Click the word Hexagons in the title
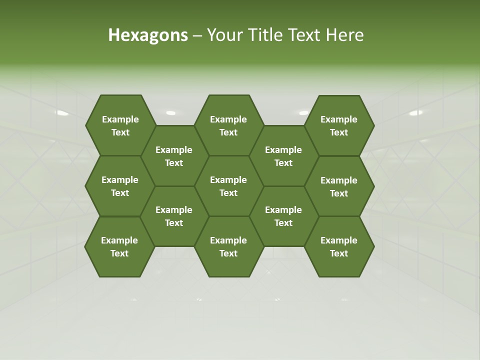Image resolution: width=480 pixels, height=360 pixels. tap(148, 35)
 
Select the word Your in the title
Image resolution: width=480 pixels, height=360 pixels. tap(224, 35)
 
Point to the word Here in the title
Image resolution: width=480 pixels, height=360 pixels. tap(345, 35)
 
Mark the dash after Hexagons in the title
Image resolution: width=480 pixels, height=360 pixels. tap(197, 35)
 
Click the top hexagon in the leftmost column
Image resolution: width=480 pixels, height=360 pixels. tap(120, 125)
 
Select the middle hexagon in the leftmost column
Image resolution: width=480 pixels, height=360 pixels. tap(120, 186)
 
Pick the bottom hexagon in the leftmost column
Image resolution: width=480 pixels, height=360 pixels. tap(119, 246)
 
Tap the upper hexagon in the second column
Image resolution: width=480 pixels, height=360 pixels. tap(174, 156)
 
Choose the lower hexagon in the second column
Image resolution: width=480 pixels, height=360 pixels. tap(174, 216)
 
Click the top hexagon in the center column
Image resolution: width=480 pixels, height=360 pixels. tap(228, 125)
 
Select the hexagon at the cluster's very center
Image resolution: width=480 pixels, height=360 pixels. tap(228, 186)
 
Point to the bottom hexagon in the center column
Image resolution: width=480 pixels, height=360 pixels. tap(228, 246)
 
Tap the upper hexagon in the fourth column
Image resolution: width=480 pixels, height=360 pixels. tap(283, 156)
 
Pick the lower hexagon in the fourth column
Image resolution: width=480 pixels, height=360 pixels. tap(283, 216)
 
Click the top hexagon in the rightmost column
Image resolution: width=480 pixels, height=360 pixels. tap(339, 125)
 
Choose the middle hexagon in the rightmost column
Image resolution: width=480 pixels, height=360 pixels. tap(339, 186)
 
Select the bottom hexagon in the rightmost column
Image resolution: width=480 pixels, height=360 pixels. tap(339, 246)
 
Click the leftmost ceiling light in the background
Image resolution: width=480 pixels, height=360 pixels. tap(62, 113)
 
